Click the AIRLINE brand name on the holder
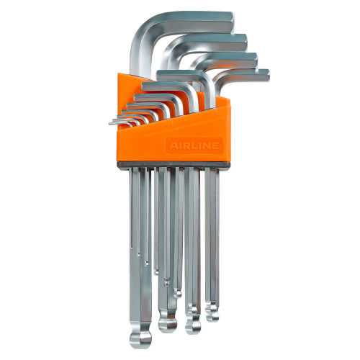[x=194, y=145]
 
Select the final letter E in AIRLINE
[x=215, y=145]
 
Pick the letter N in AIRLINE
[x=207, y=145]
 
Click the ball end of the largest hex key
[x=140, y=339]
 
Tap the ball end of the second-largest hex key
[x=168, y=324]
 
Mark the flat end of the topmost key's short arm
[x=231, y=22]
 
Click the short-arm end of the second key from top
[x=245, y=42]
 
